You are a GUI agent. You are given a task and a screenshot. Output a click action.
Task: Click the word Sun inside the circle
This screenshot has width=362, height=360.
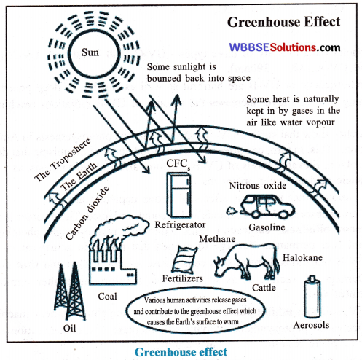point(90,52)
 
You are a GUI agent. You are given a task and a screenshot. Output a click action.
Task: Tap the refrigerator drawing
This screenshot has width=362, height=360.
point(178,195)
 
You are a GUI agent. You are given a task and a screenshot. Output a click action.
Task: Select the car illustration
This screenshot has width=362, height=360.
point(267,207)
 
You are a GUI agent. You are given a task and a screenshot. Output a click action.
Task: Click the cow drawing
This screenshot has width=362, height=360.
point(246,261)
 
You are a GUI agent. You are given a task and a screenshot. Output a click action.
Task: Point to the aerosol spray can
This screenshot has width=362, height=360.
point(312,297)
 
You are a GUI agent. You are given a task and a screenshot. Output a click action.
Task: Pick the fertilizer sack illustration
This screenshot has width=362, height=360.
point(184,259)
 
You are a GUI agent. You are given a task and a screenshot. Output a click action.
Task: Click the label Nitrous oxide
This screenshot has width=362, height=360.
point(258,186)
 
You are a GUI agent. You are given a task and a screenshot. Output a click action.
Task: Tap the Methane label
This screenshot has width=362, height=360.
point(217,239)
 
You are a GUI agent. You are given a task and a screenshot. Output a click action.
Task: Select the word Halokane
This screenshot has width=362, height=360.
point(302,257)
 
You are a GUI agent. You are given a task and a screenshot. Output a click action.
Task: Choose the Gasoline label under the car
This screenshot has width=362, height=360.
point(267,227)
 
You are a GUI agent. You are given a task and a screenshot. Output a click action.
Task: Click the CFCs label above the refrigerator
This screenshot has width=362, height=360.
point(178,164)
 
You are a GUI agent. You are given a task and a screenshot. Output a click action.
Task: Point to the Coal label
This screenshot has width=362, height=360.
point(107,297)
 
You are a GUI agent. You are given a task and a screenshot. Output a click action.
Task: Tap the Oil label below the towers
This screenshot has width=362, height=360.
point(70,329)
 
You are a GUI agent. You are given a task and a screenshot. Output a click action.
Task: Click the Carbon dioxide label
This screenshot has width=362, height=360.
point(87,213)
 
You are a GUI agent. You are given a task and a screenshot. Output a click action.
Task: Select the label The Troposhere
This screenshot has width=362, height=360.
point(63,160)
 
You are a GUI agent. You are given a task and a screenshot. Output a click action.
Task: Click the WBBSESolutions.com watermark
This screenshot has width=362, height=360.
point(285,47)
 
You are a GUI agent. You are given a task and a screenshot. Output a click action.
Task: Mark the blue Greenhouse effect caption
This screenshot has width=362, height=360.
point(181,352)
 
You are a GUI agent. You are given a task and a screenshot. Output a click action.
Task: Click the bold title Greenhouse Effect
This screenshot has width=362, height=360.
point(283,22)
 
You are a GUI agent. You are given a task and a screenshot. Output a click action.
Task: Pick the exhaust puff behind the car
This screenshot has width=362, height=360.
point(232,211)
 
